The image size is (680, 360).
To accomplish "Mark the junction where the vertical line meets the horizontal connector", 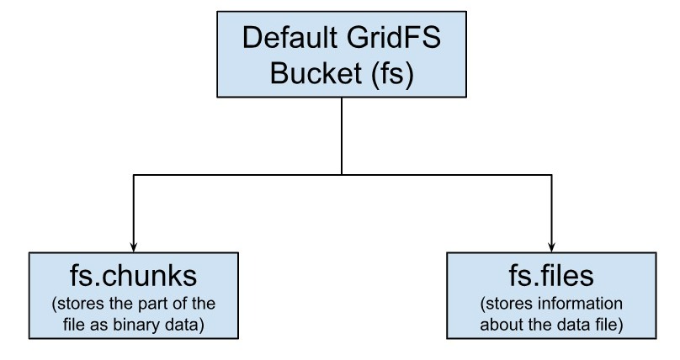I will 341,175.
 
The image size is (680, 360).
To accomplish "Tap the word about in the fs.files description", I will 502,323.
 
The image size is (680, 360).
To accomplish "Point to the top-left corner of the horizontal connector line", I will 133,175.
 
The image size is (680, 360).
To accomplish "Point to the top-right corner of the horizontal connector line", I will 550,175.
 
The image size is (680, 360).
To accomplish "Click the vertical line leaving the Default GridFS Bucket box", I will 341,135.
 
